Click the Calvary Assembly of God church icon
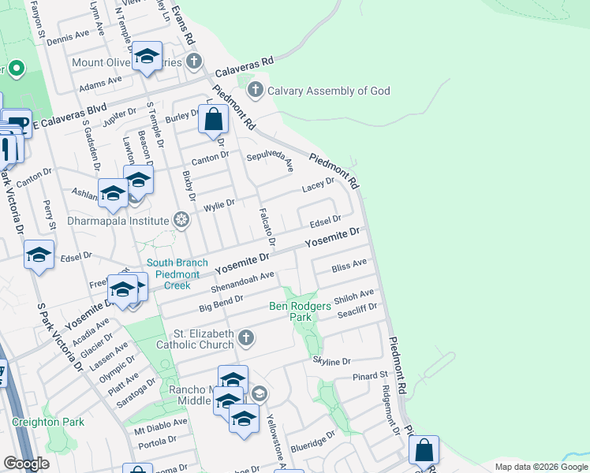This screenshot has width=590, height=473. (x=255, y=91)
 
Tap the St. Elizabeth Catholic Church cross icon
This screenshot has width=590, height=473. (x=246, y=338)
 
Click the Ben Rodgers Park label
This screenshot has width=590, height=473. (x=301, y=311)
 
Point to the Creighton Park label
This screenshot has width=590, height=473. (x=47, y=422)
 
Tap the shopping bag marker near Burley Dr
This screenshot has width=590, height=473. (x=213, y=121)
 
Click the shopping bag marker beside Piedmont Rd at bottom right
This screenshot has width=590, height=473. (x=424, y=451)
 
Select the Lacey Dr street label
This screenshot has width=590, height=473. (x=319, y=184)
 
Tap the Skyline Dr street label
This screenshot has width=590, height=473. (x=331, y=361)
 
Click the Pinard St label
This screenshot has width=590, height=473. (x=371, y=376)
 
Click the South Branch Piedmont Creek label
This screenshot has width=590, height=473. (x=178, y=274)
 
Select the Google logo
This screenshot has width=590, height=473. (x=26, y=463)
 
